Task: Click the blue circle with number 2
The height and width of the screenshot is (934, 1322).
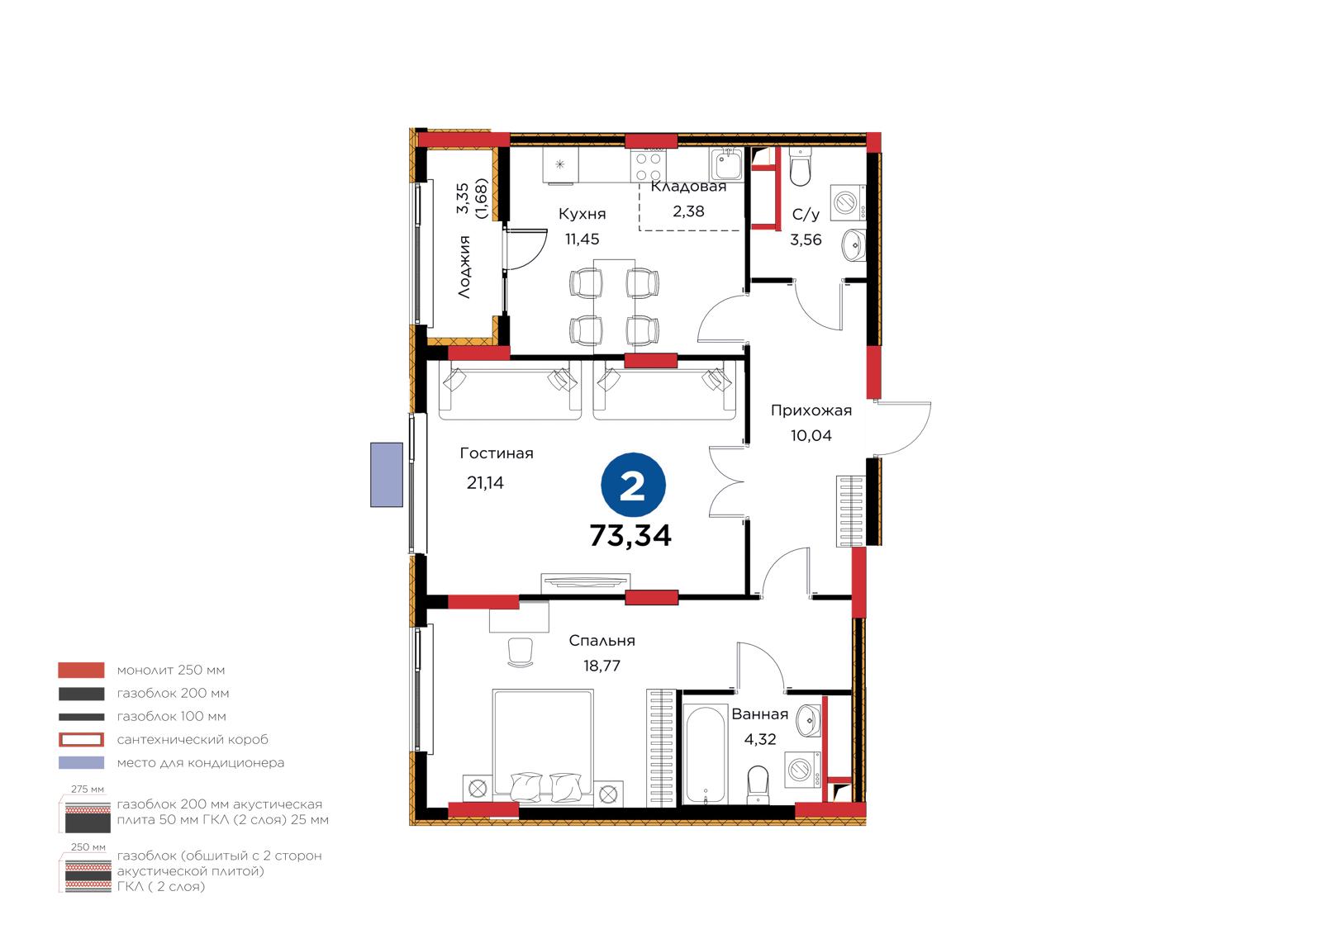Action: pyautogui.click(x=633, y=485)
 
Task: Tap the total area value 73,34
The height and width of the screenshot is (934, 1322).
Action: pyautogui.click(x=630, y=536)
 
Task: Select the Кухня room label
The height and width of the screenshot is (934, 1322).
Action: pyautogui.click(x=582, y=214)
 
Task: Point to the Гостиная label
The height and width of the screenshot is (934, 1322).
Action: pyautogui.click(x=497, y=453)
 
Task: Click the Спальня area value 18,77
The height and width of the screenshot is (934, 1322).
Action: pyautogui.click(x=602, y=666)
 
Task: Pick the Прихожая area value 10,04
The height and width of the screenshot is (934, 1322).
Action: pyautogui.click(x=811, y=435)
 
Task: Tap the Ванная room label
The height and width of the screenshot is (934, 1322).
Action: pyautogui.click(x=759, y=714)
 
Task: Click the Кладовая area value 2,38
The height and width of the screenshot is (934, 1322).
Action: pyautogui.click(x=688, y=211)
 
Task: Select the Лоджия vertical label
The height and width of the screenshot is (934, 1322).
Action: pyautogui.click(x=464, y=267)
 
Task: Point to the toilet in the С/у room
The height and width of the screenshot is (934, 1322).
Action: pyautogui.click(x=801, y=167)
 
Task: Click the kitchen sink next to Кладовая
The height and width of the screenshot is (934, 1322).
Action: pyautogui.click(x=726, y=164)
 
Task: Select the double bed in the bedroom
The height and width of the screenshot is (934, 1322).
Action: pyautogui.click(x=543, y=747)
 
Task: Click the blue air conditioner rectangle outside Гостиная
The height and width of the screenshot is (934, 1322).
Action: pyautogui.click(x=387, y=475)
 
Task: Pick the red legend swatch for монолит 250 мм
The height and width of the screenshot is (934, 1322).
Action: pyautogui.click(x=82, y=671)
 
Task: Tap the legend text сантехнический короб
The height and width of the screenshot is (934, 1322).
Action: pyautogui.click(x=193, y=739)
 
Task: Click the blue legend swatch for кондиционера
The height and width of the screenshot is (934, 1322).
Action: pyautogui.click(x=82, y=762)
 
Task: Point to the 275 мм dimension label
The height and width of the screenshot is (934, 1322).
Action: pyautogui.click(x=88, y=789)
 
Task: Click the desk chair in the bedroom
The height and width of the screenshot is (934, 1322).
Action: pyautogui.click(x=520, y=653)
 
